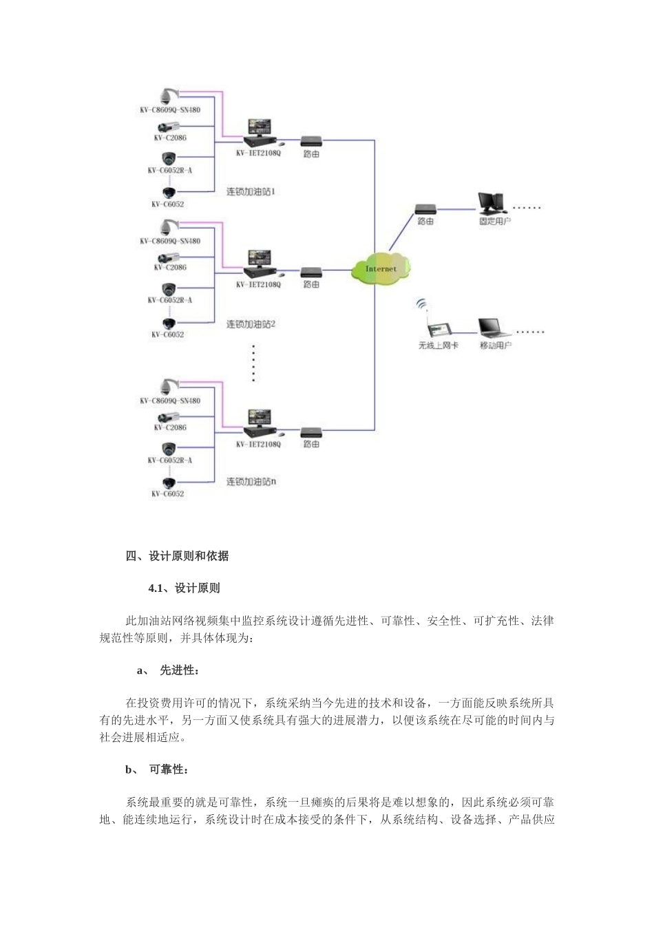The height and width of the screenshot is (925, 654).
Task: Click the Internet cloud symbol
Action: [381, 268]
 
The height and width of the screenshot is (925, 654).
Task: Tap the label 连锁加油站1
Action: [251, 191]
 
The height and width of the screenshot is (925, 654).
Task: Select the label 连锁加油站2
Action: [251, 323]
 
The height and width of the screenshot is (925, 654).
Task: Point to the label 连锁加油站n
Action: [251, 482]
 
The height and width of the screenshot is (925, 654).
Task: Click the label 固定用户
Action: [495, 222]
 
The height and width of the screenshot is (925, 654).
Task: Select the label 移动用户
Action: [495, 345]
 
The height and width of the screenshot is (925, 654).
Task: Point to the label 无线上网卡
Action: [438, 345]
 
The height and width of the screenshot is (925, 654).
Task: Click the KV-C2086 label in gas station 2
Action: [170, 268]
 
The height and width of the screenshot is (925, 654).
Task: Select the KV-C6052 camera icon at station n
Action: [168, 482]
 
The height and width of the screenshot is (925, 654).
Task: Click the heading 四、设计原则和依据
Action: [177, 556]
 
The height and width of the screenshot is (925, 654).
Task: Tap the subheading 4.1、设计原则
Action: [184, 588]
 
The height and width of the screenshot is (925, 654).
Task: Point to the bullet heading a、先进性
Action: [169, 670]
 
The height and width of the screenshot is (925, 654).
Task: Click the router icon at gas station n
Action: [311, 432]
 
